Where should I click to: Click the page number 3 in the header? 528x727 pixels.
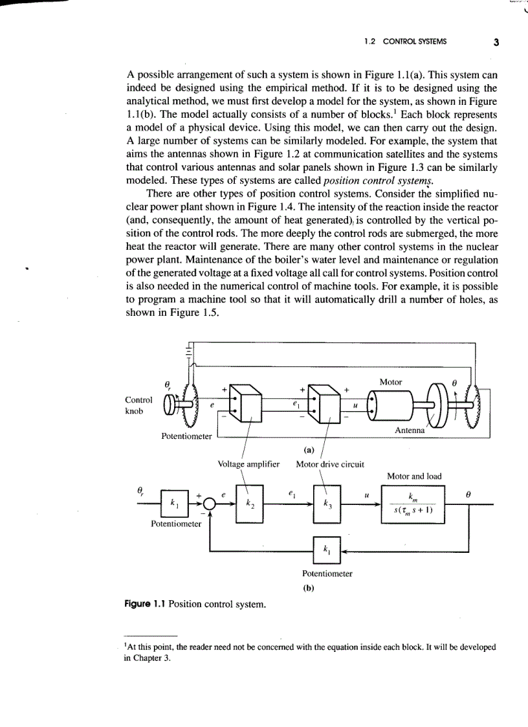pos(496,43)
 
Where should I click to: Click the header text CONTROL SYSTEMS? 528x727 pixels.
pos(414,43)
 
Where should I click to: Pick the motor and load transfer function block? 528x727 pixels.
pos(414,505)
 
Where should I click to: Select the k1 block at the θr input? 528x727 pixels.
pos(173,502)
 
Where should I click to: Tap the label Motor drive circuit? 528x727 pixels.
pos(329,464)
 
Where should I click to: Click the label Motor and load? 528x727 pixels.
pos(414,476)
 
